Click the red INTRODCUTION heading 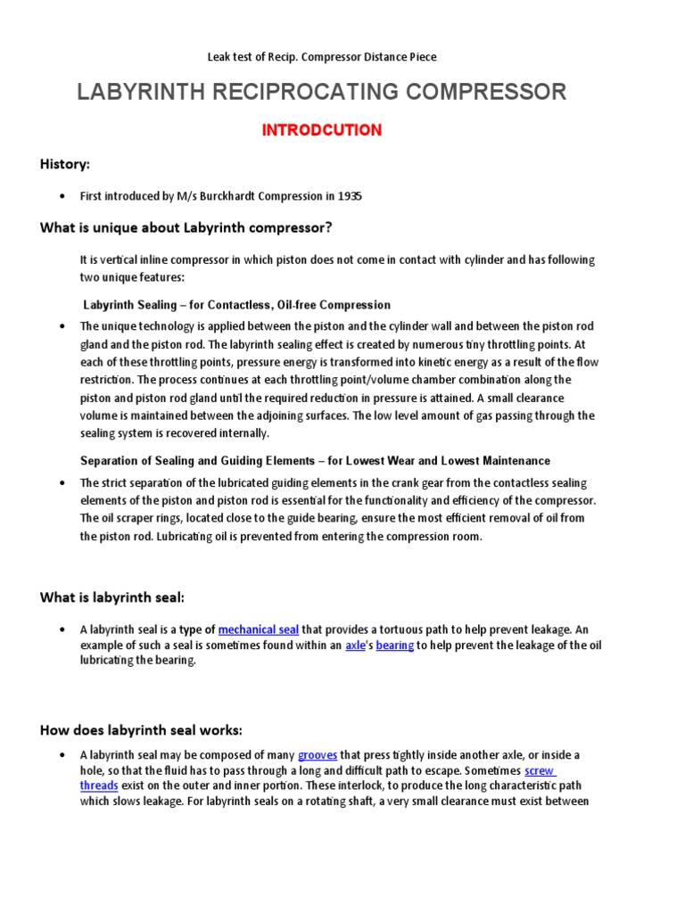tap(321, 130)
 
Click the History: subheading tap(65, 164)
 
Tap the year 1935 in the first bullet tap(349, 196)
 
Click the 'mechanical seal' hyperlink tap(259, 629)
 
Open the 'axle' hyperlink tap(356, 646)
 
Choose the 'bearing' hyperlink tap(395, 646)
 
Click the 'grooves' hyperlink tap(318, 755)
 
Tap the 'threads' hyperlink tap(98, 786)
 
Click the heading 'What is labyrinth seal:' tap(112, 597)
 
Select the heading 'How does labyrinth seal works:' tap(141, 730)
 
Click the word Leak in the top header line tap(219, 57)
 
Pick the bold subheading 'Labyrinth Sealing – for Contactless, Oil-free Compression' tap(236, 305)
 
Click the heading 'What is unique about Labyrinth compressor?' tap(186, 228)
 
